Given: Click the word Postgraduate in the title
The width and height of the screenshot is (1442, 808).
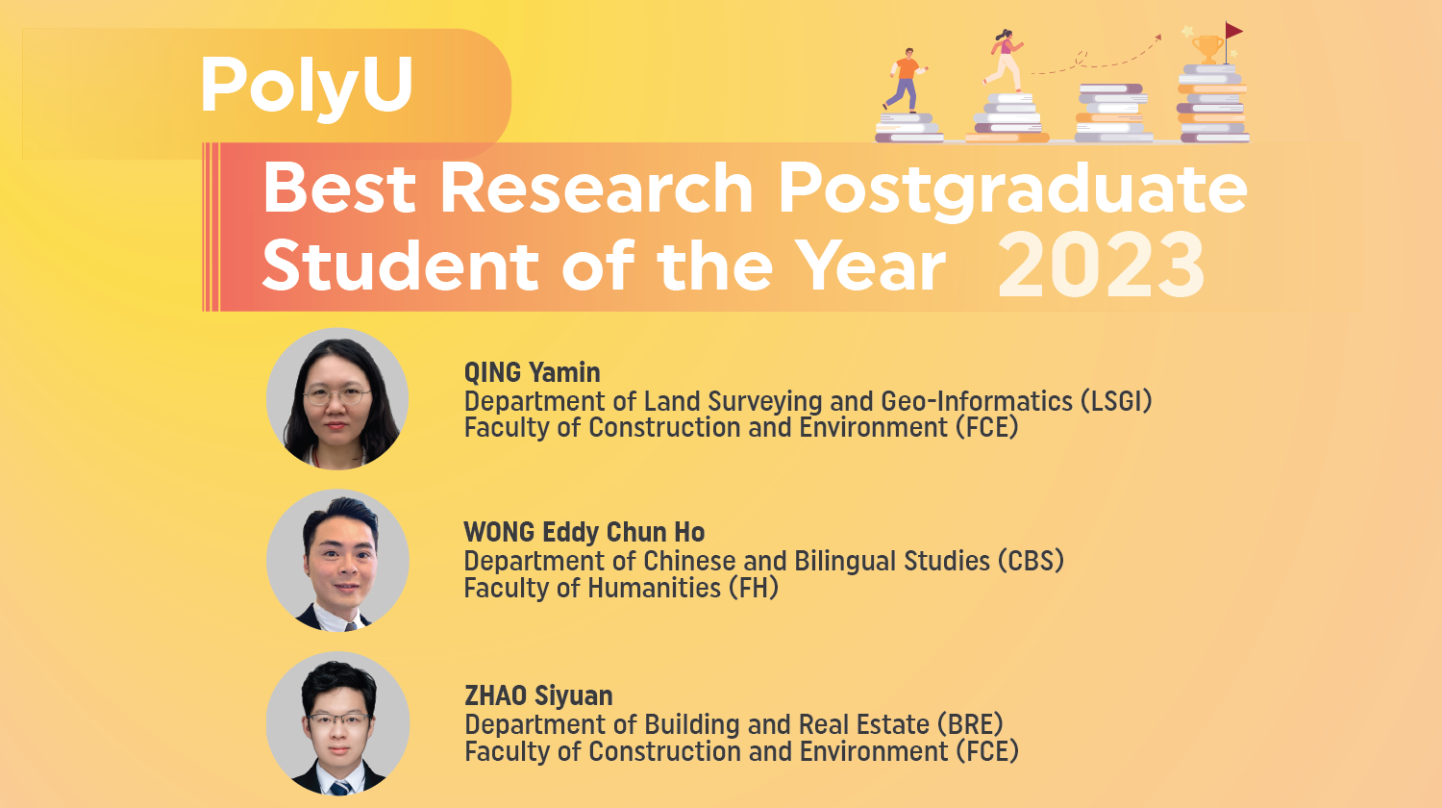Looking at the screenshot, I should click(x=1012, y=188).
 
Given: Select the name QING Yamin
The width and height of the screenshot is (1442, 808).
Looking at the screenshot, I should click(x=532, y=373).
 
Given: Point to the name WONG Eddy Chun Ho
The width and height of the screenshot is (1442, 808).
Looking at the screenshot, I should click(x=584, y=533).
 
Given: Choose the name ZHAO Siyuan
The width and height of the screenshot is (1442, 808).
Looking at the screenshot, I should click(x=538, y=695).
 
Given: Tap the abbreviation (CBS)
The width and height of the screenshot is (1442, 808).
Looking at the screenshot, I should click(x=1031, y=561).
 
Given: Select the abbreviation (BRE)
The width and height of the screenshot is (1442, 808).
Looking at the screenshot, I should click(x=970, y=724).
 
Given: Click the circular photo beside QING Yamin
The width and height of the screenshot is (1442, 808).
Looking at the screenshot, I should click(x=337, y=398).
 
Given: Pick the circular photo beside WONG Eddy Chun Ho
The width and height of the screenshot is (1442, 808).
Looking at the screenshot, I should click(x=337, y=561).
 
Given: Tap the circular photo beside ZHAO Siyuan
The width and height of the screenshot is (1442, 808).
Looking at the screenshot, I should click(x=337, y=723).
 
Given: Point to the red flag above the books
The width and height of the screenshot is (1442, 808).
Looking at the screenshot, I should click(x=1233, y=32).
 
